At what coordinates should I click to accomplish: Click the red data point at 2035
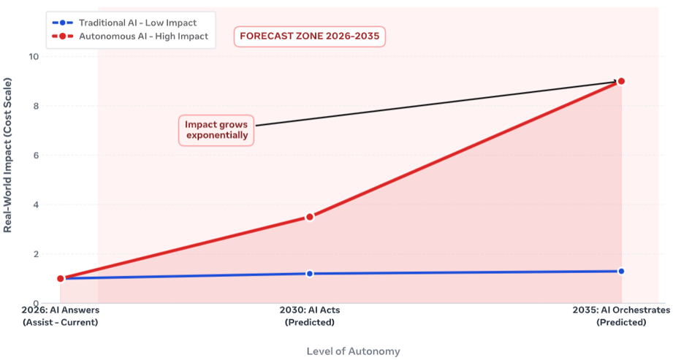click(x=620, y=81)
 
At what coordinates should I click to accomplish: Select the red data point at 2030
click(x=309, y=217)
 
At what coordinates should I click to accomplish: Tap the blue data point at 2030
click(x=309, y=273)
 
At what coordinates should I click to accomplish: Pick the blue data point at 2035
click(x=621, y=271)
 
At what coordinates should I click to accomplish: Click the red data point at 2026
click(x=61, y=278)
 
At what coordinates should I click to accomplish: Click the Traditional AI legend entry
click(x=124, y=23)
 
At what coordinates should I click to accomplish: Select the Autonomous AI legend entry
click(x=130, y=37)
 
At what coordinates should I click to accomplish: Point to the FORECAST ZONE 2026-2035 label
click(x=309, y=36)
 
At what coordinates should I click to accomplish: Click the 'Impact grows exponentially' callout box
click(x=216, y=130)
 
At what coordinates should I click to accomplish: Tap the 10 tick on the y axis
click(x=34, y=57)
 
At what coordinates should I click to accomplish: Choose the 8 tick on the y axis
click(x=36, y=106)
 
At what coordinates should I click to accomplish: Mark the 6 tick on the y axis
click(x=36, y=156)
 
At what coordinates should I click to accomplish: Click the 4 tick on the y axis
click(x=36, y=204)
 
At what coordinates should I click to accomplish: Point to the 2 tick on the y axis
click(x=36, y=254)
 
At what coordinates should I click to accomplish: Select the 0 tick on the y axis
click(x=36, y=303)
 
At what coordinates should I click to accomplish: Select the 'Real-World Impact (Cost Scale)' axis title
click(x=8, y=156)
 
